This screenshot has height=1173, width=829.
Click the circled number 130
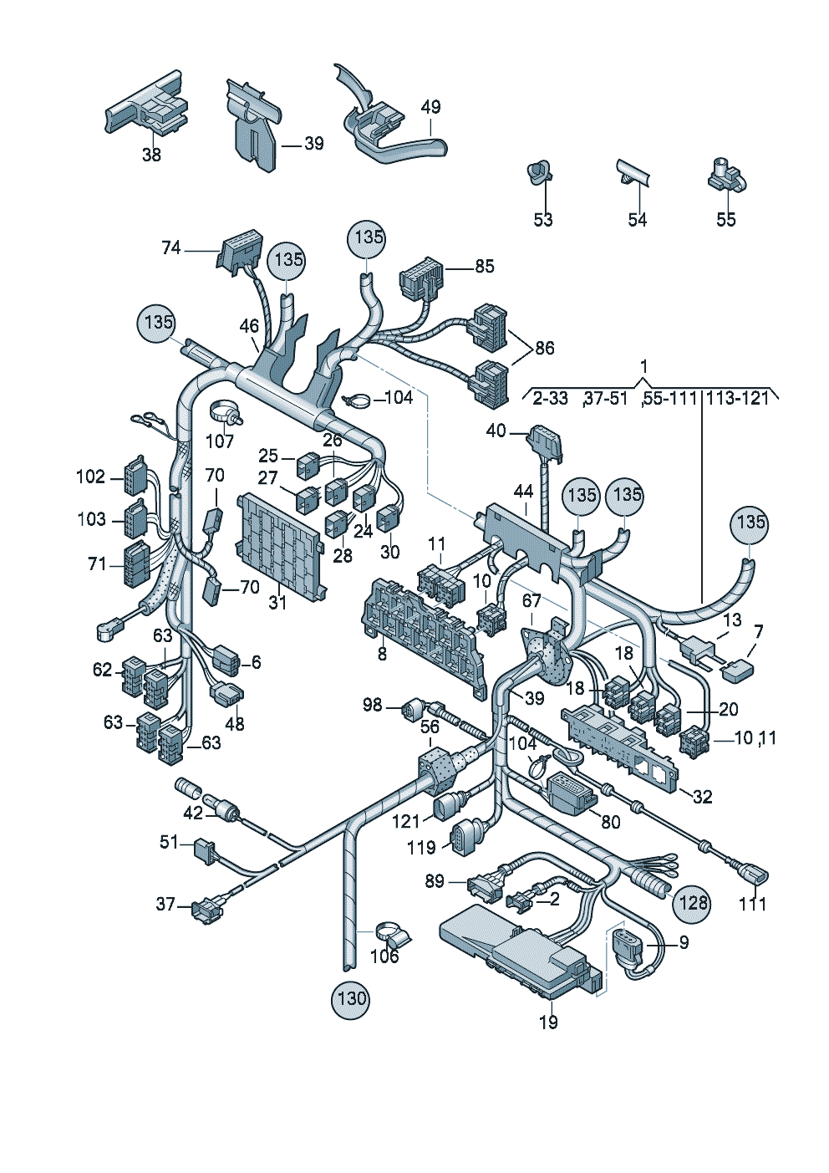352,998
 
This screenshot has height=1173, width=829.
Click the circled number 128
692,902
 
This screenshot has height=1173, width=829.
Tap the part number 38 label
151,155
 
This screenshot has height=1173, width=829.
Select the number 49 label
430,107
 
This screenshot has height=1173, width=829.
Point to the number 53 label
542,219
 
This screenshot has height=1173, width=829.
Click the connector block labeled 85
422,285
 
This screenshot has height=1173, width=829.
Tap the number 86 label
544,348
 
